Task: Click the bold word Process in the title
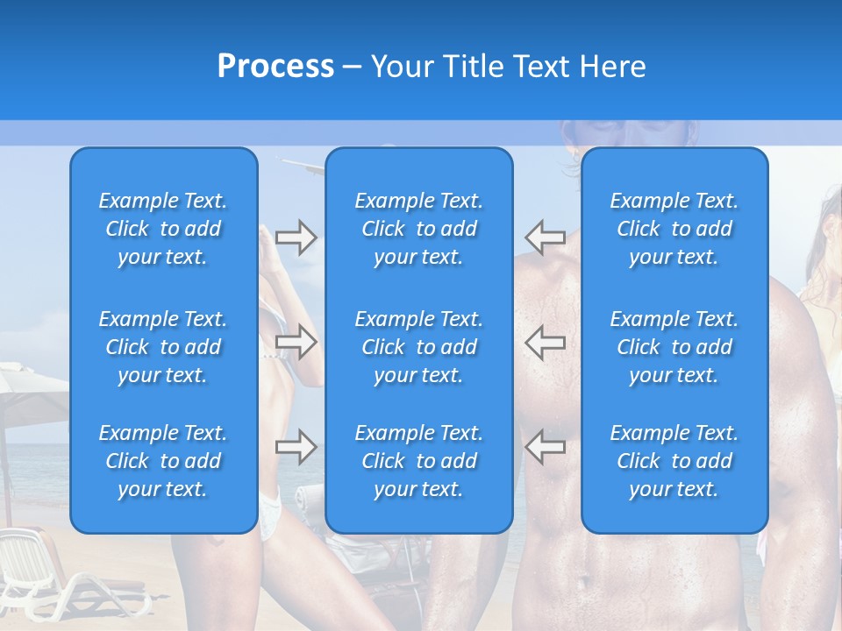275,67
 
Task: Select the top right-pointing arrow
296,238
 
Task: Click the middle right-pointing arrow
296,342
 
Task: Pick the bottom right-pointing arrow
296,447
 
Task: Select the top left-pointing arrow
545,238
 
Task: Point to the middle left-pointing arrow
545,342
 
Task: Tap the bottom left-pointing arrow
545,447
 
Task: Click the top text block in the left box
163,229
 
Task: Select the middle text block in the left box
163,347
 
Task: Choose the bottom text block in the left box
163,461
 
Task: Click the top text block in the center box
418,229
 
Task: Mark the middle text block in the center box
418,347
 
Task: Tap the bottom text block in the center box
418,461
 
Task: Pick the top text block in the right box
674,229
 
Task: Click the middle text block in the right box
674,347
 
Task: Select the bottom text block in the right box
674,461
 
